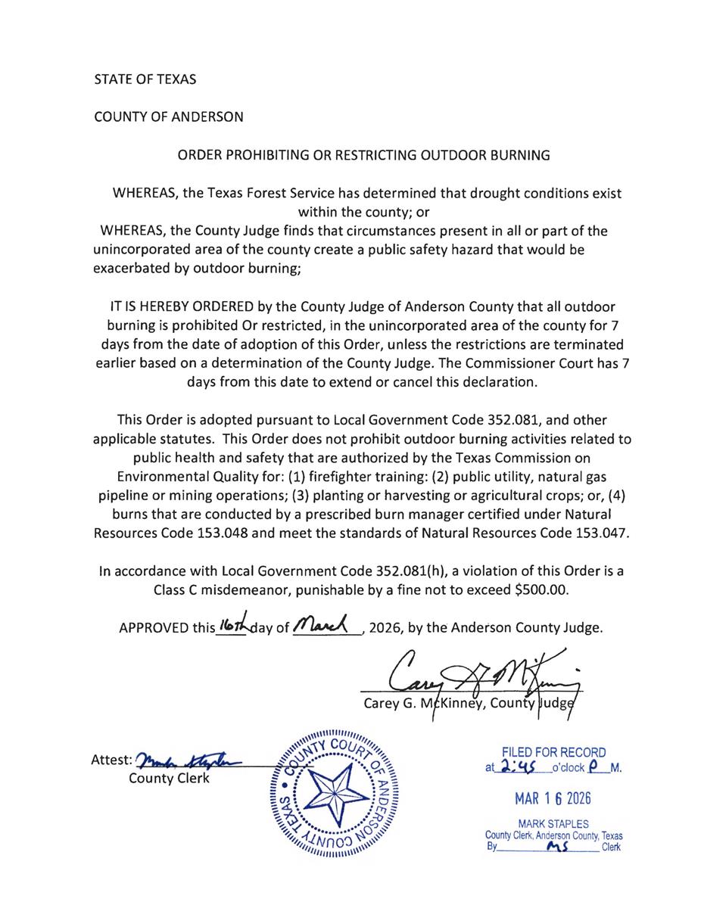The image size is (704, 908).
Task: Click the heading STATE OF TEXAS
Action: [145, 79]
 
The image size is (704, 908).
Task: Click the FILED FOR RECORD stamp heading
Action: [555, 752]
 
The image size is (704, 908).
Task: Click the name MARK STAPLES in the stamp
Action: [554, 823]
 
